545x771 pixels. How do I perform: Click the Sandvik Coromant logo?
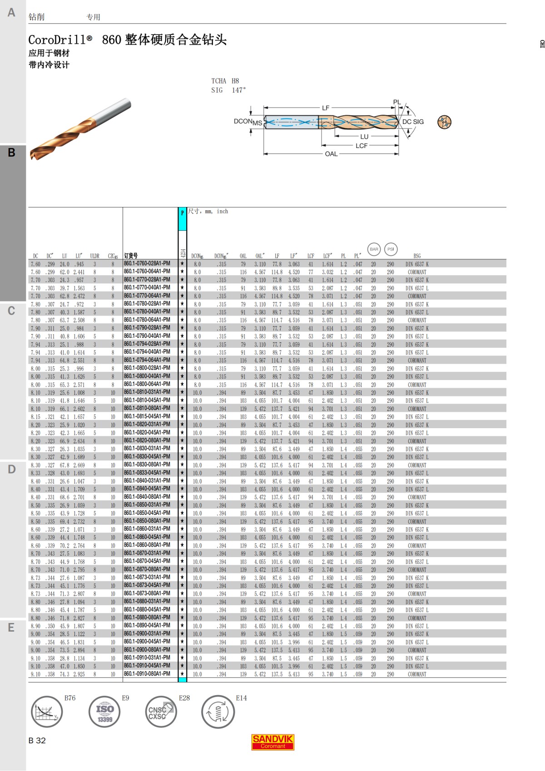point(272,742)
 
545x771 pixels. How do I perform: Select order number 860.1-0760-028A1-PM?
point(147,264)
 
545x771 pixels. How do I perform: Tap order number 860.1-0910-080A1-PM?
point(147,674)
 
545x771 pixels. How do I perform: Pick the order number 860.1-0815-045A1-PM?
point(147,416)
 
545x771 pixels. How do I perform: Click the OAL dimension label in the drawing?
point(331,154)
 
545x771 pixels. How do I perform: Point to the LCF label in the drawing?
point(361,146)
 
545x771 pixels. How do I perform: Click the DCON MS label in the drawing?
point(248,122)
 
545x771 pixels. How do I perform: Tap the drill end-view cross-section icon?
point(444,122)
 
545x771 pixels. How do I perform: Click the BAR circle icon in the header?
point(374,249)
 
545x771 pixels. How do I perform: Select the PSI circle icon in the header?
point(391,249)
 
